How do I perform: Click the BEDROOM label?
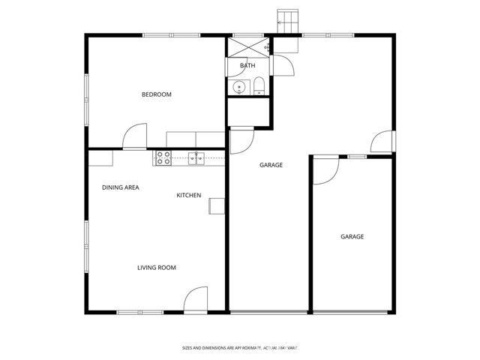pyautogui.click(x=157, y=94)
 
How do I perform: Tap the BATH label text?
pyautogui.click(x=247, y=66)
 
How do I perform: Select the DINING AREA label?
pyautogui.click(x=121, y=187)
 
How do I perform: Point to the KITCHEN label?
pyautogui.click(x=188, y=196)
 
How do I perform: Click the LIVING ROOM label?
pyautogui.click(x=156, y=268)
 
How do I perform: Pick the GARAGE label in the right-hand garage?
pyautogui.click(x=352, y=237)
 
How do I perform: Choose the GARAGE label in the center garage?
pyautogui.click(x=271, y=165)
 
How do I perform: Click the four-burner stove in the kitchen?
pyautogui.click(x=163, y=157)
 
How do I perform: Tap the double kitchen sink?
pyautogui.click(x=196, y=157)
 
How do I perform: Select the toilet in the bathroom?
pyautogui.click(x=259, y=85)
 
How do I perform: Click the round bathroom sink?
pyautogui.click(x=238, y=88)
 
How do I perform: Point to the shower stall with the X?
pyautogui.click(x=248, y=46)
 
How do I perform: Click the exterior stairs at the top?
pyautogui.click(x=288, y=21)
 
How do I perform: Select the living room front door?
pyautogui.click(x=196, y=299)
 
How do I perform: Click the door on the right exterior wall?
pyautogui.click(x=382, y=141)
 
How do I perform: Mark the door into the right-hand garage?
pyautogui.click(x=325, y=170)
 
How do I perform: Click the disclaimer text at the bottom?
pyautogui.click(x=241, y=348)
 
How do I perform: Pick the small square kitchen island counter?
pyautogui.click(x=217, y=205)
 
